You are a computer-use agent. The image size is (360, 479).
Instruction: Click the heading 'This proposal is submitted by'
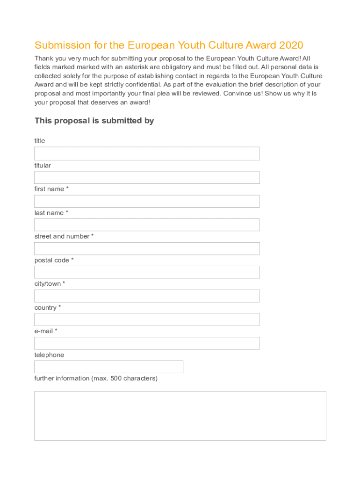point(94,121)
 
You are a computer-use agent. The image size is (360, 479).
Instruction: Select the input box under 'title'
point(147,153)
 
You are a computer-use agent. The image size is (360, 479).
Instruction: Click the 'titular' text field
point(147,177)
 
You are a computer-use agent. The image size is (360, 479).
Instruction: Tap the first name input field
point(147,201)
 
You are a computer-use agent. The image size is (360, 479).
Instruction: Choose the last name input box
point(147,225)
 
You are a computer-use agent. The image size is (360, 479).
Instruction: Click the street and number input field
point(147,248)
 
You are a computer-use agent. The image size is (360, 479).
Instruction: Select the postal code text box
point(147,272)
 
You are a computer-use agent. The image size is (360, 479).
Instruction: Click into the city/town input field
point(147,296)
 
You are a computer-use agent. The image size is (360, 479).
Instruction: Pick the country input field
point(147,319)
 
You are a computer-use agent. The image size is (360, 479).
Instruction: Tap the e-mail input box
point(147,343)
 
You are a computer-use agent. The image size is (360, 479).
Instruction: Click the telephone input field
point(108,367)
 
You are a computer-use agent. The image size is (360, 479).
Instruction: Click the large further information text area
point(180,416)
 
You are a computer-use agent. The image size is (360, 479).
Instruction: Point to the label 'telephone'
point(49,355)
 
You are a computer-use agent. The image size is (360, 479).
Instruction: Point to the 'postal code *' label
point(54,260)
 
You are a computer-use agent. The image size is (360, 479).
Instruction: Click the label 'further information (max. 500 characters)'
point(96,378)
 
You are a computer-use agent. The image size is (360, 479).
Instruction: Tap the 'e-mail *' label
point(46,331)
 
